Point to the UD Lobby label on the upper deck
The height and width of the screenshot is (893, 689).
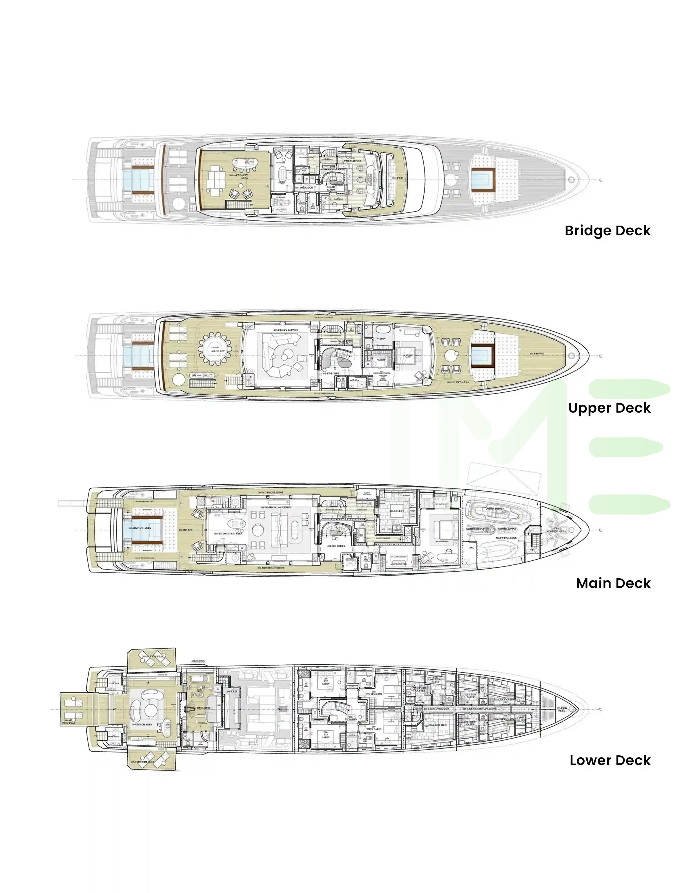coord(331,373)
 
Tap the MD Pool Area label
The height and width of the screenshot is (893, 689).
coord(140,528)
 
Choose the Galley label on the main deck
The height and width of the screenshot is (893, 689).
coord(396,511)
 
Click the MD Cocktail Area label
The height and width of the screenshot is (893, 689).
coord(228,534)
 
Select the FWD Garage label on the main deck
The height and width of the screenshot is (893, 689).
coord(506,538)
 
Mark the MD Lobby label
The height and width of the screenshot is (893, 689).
coord(336,546)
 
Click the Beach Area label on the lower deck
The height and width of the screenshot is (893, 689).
coord(142,724)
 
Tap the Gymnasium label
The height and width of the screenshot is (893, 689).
coord(200,708)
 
